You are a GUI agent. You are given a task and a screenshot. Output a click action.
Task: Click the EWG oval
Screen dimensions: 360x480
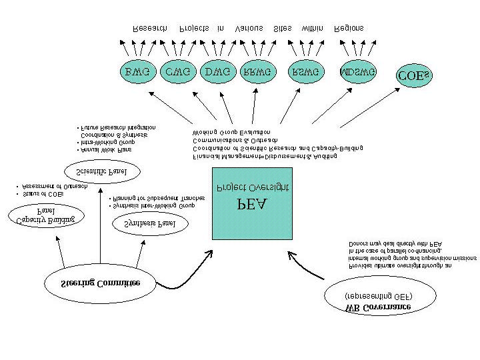(137, 71)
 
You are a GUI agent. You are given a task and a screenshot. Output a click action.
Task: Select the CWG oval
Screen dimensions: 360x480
(178, 71)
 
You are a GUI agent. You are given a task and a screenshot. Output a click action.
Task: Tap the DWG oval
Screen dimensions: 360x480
(218, 71)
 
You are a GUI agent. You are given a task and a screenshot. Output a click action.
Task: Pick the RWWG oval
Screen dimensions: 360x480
(257, 71)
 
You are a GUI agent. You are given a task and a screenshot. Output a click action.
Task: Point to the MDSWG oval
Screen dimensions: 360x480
(358, 71)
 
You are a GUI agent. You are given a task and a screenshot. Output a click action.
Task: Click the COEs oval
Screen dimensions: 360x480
(415, 76)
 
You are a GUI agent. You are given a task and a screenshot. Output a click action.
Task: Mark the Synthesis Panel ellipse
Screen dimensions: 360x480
(150, 224)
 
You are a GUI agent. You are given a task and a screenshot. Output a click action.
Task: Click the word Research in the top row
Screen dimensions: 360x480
(150, 29)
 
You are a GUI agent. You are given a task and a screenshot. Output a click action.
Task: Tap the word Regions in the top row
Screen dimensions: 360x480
(349, 29)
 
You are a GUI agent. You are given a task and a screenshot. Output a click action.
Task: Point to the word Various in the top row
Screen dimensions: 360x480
(250, 29)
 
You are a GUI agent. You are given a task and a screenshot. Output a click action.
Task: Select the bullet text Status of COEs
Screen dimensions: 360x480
(43, 194)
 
